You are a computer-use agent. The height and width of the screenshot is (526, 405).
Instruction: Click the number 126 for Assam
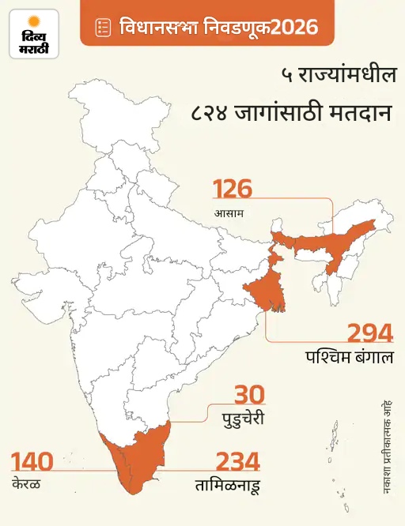[233, 190]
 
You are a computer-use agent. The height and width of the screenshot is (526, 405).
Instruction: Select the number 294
[370, 333]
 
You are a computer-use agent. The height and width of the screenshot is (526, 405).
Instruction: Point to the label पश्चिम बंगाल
[349, 356]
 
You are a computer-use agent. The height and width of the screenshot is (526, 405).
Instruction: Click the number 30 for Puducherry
[249, 394]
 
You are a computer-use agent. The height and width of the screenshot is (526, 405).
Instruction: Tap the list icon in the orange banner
[101, 28]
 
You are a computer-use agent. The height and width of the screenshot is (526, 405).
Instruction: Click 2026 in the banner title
[297, 28]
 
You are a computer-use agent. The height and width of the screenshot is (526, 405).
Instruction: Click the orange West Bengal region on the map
[265, 292]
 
